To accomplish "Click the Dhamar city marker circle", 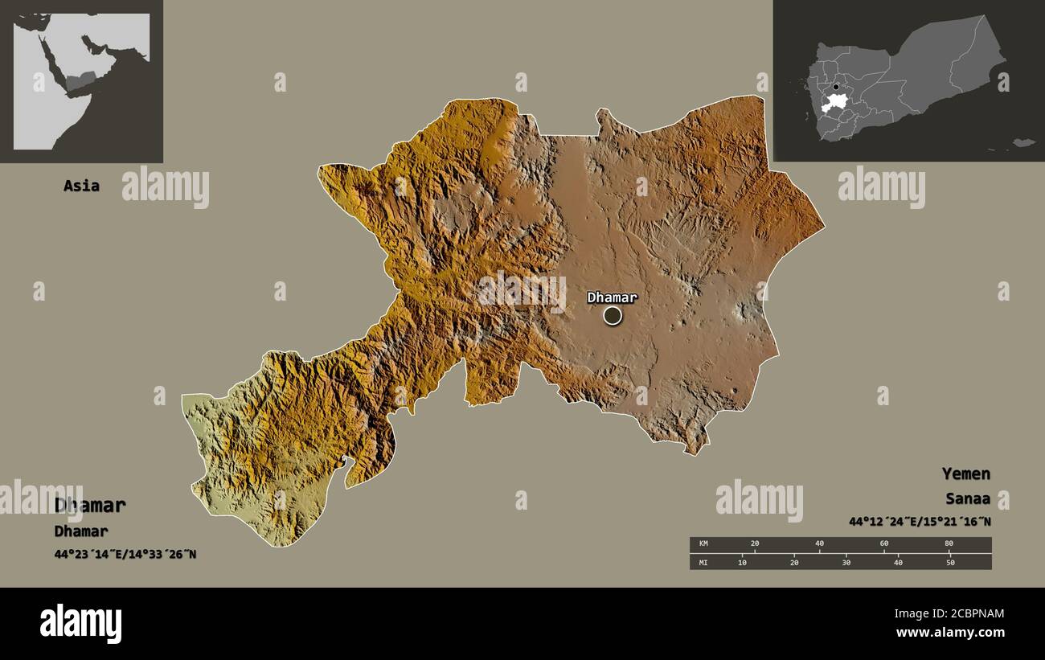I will (613, 315).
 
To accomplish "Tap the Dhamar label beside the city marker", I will (612, 297).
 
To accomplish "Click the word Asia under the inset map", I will (81, 186).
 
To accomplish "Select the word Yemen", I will (966, 473).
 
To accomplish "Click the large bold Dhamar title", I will (90, 506).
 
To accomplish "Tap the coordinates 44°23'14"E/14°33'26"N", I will (125, 554).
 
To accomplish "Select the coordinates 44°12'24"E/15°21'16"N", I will (920, 522).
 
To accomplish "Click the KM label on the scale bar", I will (703, 544).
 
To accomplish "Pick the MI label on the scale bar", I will (703, 562).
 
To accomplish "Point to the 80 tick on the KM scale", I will (949, 544).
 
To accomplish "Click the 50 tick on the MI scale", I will (949, 562).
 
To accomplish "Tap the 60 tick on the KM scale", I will (884, 544).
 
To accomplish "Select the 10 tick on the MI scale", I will (742, 562).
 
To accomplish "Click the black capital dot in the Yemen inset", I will (836, 87).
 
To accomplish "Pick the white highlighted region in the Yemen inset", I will (836, 102).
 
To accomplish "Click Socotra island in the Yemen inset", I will (1022, 142).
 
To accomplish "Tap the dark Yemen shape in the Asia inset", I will (81, 80).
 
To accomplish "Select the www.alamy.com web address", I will (950, 633).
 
